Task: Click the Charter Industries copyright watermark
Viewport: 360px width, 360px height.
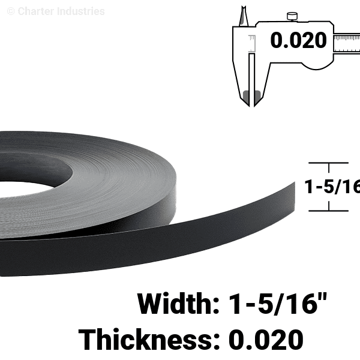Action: (56, 11)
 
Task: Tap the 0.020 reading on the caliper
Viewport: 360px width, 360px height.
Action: (298, 40)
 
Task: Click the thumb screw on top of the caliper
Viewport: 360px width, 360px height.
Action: (292, 17)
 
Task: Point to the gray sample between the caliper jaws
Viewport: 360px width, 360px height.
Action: (252, 97)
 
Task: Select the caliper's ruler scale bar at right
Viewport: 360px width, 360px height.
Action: (347, 44)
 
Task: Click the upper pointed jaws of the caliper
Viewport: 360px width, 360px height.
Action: (244, 16)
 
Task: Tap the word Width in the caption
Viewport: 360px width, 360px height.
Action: (175, 304)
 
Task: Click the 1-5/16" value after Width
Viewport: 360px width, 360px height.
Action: (278, 304)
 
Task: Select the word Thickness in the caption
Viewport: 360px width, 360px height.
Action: (145, 339)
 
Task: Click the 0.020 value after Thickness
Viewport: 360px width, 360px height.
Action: (266, 340)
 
